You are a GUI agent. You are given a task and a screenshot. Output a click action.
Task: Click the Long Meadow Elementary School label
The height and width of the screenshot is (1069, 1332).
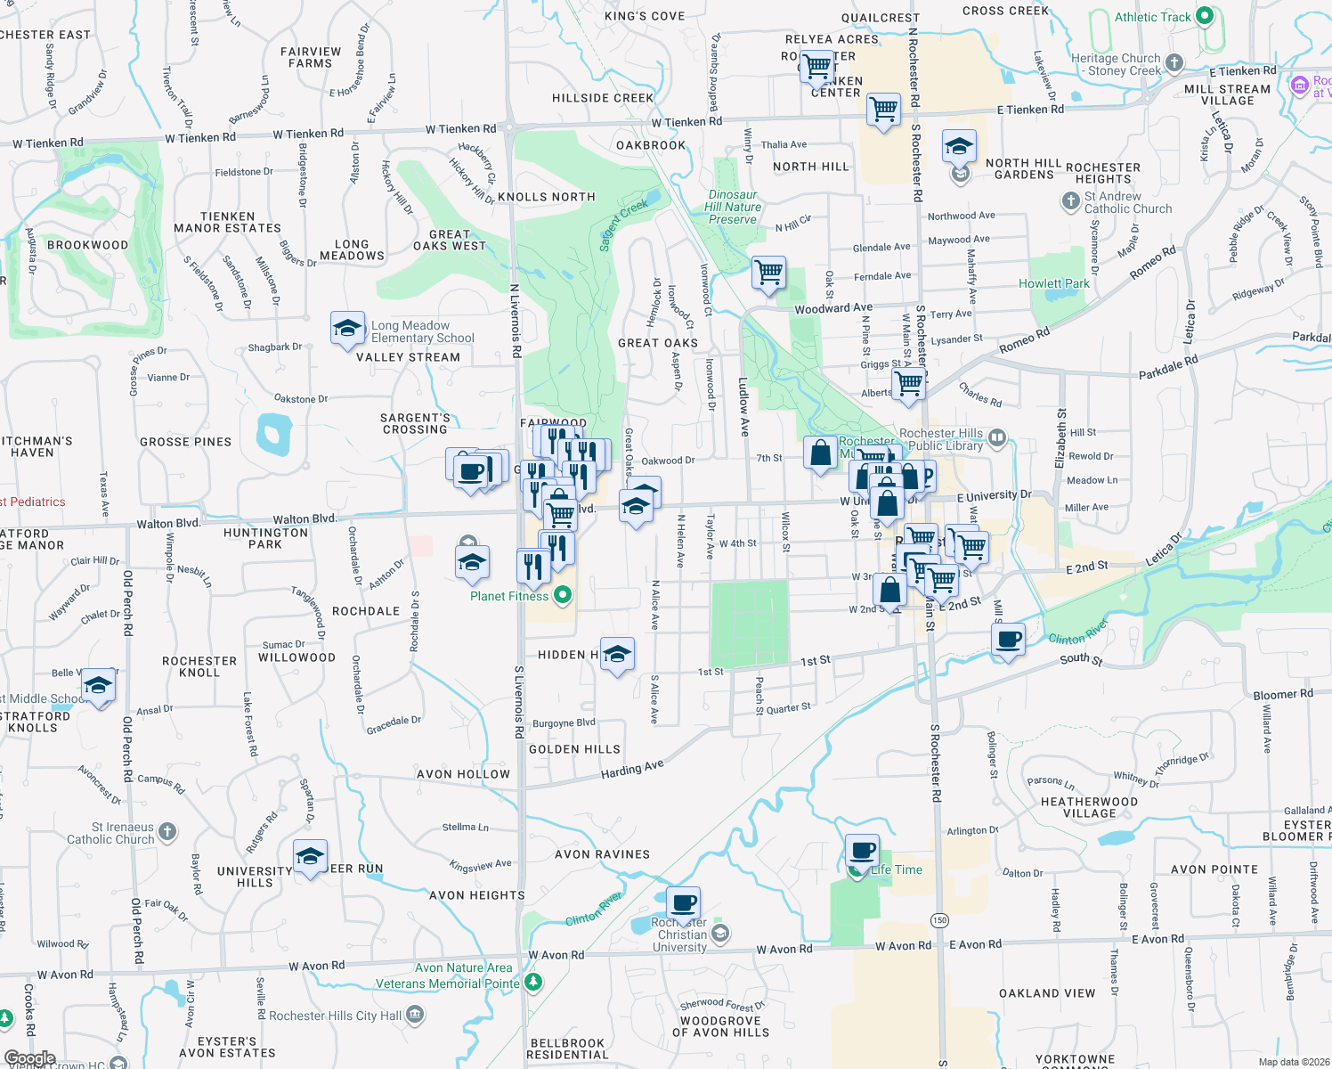coord(422,331)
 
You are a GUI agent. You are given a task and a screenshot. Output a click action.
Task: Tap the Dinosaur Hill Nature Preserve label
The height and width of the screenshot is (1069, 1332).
coord(733,207)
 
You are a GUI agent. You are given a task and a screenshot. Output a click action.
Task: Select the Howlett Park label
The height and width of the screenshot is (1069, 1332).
coord(1054,283)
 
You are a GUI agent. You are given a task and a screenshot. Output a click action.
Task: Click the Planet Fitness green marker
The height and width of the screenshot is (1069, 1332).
coord(562,595)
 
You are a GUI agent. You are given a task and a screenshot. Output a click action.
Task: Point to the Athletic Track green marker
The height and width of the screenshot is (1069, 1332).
coord(1205,16)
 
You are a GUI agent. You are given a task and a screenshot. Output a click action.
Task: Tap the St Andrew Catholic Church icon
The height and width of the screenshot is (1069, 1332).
coord(1071,201)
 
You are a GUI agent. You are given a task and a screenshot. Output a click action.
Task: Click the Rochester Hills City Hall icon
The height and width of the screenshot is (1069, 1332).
coord(414,1015)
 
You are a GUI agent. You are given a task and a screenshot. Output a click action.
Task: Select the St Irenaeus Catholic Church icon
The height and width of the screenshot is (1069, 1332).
coord(167,832)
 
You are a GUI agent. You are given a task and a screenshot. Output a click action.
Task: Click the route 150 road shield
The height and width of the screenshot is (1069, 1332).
coord(939,920)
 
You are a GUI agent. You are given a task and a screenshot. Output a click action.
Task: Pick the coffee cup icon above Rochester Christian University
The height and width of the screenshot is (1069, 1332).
coord(683,902)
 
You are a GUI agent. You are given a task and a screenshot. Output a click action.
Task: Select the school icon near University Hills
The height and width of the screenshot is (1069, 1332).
coord(310,857)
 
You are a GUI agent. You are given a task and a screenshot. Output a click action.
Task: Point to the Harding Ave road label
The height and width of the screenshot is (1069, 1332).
coord(632,769)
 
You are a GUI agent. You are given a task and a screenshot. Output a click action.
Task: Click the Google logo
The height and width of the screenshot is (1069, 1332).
coord(30,1058)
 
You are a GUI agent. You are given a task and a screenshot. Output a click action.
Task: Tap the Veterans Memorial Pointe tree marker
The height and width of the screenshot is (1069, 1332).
coord(533,983)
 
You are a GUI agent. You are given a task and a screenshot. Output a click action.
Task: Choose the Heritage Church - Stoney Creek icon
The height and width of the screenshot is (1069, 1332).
coord(1174,62)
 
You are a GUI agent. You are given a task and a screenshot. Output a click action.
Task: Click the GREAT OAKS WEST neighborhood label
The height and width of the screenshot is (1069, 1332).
coord(450,240)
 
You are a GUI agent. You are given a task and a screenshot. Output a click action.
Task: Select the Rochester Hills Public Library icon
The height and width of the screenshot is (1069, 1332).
coord(996,437)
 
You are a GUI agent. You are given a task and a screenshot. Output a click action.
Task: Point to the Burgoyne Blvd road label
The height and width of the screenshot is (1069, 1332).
coord(564,723)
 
